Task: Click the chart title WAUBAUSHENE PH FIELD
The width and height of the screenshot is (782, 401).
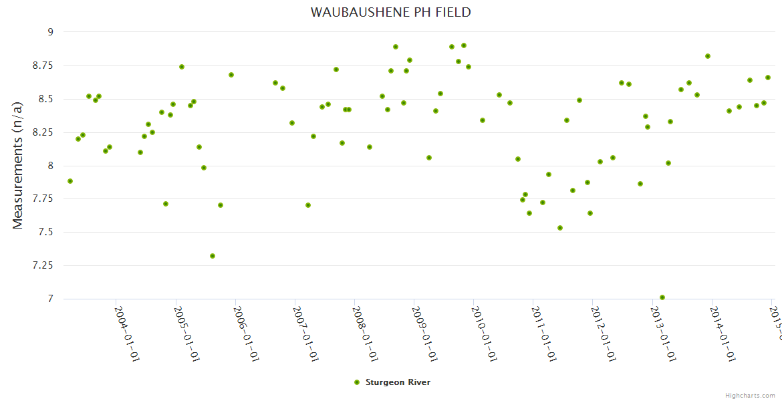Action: tap(390, 12)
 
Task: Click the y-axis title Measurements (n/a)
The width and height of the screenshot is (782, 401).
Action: tap(18, 164)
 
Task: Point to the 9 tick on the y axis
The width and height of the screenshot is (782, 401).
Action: tap(49, 32)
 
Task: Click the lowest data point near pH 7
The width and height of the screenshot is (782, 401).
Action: tap(662, 297)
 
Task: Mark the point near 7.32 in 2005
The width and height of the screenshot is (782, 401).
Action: tap(213, 256)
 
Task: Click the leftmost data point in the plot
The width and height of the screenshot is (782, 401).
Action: tap(70, 181)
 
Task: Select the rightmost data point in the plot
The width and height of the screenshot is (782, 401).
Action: tap(768, 78)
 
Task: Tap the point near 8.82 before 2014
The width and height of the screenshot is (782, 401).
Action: tap(708, 56)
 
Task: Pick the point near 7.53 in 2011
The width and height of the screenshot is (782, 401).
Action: tap(560, 228)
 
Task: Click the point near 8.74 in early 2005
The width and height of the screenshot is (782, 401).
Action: tap(182, 67)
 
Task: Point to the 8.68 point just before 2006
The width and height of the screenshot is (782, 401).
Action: tap(231, 75)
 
